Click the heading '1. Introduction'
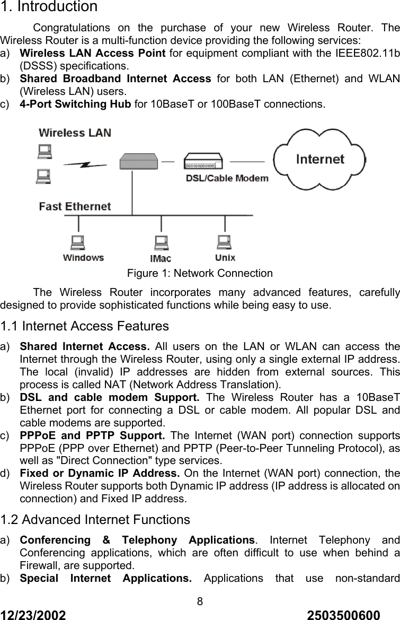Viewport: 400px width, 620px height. pyautogui.click(x=49, y=7)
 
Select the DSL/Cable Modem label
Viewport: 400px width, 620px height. pyautogui.click(x=227, y=178)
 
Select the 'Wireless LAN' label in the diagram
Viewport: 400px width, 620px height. pyautogui.click(x=75, y=132)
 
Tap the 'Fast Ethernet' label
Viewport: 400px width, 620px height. pyautogui.click(x=75, y=206)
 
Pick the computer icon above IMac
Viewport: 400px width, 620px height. pyautogui.click(x=161, y=243)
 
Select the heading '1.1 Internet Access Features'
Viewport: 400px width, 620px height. pyautogui.click(x=85, y=326)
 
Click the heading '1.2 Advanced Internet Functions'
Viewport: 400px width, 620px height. pyautogui.click(x=95, y=520)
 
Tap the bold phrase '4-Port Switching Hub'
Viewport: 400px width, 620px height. pyautogui.click(x=75, y=104)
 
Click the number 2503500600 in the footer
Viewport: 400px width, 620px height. pyautogui.click(x=343, y=614)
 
